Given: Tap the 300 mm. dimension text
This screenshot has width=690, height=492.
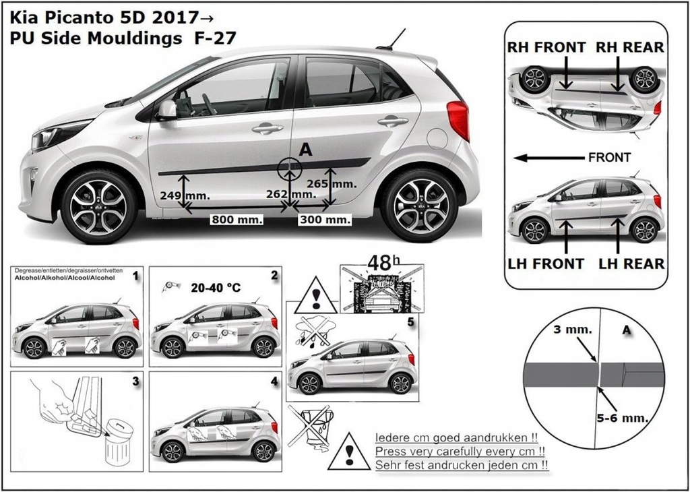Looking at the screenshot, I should [x=325, y=220].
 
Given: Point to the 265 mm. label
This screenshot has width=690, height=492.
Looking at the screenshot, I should [x=331, y=183].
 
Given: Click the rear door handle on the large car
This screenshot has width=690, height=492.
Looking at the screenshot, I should [x=392, y=121].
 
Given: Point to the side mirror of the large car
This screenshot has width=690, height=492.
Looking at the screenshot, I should [x=166, y=111].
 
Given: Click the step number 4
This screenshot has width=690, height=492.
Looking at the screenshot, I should [x=274, y=381].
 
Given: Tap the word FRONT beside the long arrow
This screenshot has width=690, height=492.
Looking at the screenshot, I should [x=609, y=158].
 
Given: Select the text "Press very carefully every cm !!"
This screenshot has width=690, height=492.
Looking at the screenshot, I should [x=460, y=451].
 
